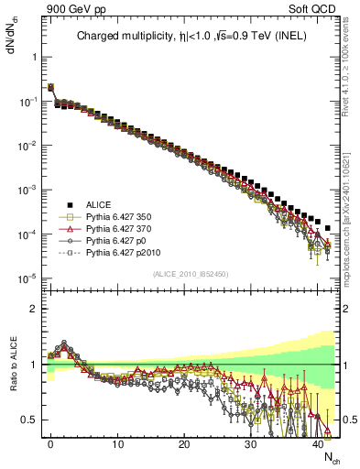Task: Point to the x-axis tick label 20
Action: pyautogui.click(x=184, y=442)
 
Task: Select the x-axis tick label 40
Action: pyautogui.click(x=317, y=442)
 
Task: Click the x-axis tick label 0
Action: pyautogui.click(x=50, y=442)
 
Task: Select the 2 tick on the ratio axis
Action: pyautogui.click(x=33, y=309)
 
